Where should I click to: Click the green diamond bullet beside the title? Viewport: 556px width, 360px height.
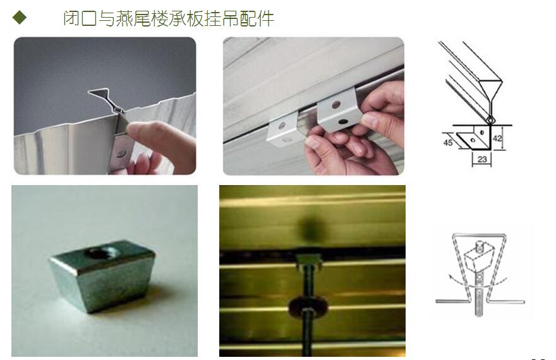19,17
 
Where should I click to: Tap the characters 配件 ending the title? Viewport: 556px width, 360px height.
257,18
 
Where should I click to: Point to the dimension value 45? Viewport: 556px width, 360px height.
448,143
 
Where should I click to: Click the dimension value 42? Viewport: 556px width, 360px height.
497,138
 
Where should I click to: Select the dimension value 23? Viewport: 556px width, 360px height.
482,159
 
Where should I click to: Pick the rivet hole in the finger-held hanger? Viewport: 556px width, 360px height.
121,153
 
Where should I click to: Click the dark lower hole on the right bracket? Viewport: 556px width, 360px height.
343,122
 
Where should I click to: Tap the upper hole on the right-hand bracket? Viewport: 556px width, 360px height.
335,105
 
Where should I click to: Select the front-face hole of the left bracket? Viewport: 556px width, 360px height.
282,126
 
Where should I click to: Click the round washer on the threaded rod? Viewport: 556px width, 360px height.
307,307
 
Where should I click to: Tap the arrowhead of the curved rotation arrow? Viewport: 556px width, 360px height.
450,277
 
